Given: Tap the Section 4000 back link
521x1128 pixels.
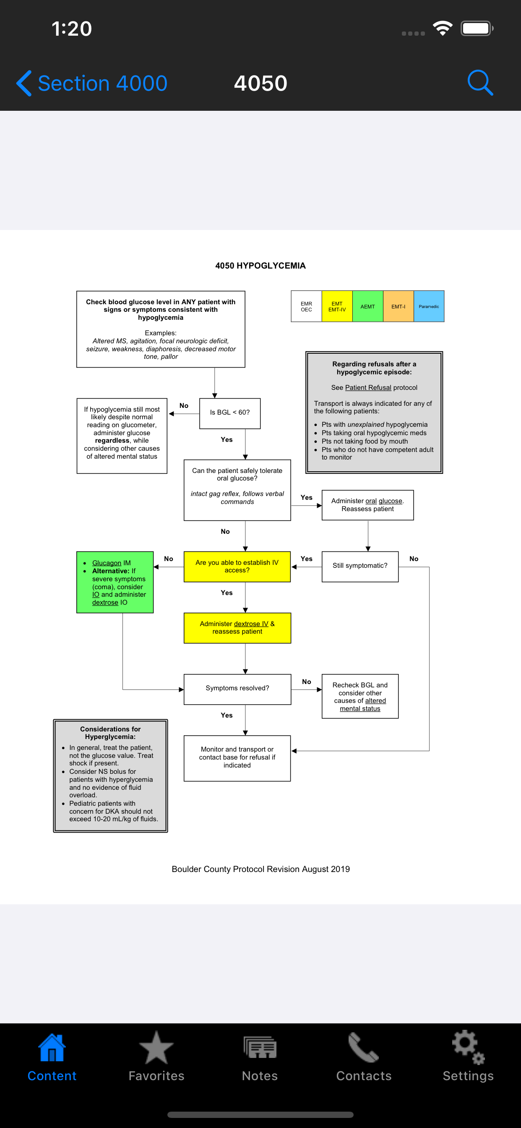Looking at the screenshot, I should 92,83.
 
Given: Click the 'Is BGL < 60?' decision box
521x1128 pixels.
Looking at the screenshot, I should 230,413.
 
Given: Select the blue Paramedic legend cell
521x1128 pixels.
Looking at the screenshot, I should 429,306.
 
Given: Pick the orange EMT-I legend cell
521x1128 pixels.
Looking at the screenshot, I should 398,306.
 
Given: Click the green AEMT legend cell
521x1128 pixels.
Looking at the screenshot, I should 367,306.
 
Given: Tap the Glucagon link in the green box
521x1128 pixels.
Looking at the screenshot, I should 107,563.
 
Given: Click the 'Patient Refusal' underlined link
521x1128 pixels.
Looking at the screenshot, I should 368,387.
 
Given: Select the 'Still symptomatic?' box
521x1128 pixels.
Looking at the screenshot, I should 360,566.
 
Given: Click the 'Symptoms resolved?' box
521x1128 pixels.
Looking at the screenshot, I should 237,689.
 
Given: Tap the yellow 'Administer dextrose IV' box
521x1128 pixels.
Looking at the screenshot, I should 237,627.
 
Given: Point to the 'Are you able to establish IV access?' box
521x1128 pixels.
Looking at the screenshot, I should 237,566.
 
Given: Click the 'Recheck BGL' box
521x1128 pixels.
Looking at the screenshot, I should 360,696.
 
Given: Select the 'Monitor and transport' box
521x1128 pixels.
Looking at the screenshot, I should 237,757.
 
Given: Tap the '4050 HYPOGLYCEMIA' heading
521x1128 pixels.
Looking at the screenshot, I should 260,266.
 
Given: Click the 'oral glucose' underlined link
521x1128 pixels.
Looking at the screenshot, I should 383,501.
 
